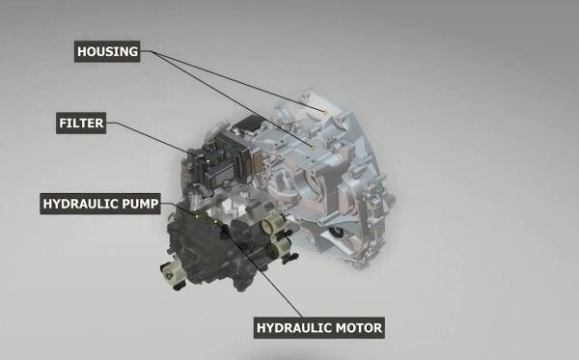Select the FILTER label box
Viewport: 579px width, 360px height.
[80, 124]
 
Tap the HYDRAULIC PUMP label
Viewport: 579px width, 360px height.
[99, 205]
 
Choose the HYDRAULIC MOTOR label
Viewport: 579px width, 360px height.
[320, 328]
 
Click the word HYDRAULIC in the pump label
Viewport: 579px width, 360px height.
[79, 205]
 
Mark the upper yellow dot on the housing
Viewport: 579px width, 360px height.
[327, 113]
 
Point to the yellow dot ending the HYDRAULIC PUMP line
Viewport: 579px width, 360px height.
[198, 217]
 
